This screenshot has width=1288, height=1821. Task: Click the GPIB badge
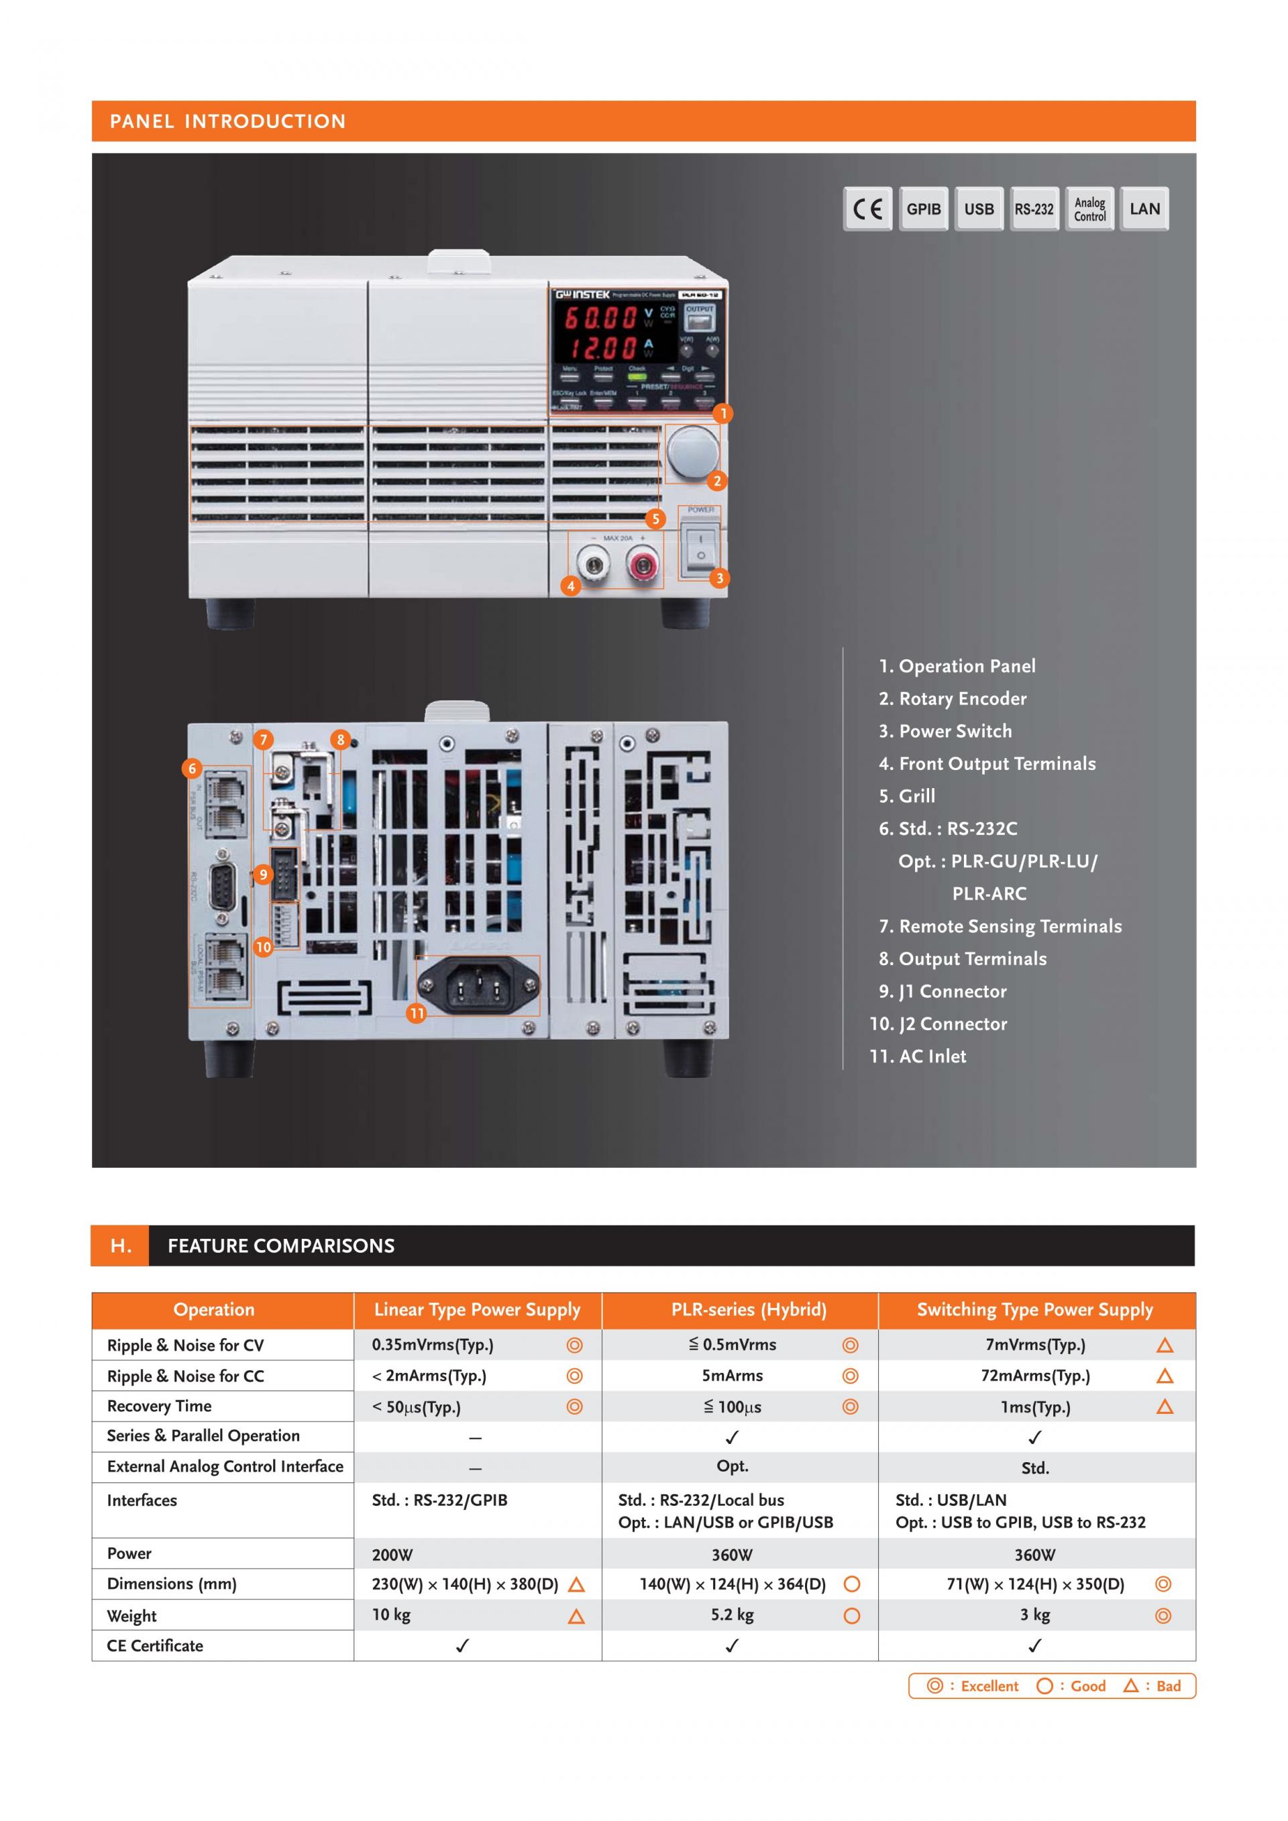coord(923,209)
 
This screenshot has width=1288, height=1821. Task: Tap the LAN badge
coord(1144,209)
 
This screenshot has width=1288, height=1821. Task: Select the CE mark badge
coord(867,209)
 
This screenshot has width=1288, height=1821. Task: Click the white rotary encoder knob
coord(692,452)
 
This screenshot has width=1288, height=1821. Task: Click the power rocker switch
coord(700,547)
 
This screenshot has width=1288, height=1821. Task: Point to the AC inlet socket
coord(478,986)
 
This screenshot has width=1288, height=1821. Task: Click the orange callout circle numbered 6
coord(192,768)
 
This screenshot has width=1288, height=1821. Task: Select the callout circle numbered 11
coord(417,1013)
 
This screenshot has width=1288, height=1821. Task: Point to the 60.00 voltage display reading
coord(600,318)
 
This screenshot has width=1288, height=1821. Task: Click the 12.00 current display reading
coord(600,348)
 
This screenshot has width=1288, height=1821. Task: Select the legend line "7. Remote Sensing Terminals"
coord(1000,926)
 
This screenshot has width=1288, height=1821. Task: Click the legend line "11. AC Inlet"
coord(918,1056)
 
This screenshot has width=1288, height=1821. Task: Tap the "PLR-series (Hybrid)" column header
coord(748,1309)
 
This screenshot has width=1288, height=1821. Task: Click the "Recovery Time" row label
coord(160,1406)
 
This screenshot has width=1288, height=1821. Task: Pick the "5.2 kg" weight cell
coord(732,1615)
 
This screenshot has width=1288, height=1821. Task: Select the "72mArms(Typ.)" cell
coord(1035,1376)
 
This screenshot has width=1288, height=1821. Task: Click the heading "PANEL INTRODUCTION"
coord(227,121)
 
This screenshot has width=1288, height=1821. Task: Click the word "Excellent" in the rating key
coord(989,1686)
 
